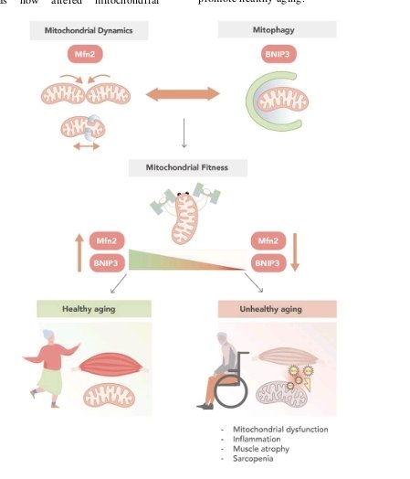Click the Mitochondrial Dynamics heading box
[89, 30]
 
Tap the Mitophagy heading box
[277, 29]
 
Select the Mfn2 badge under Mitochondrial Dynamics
[85, 54]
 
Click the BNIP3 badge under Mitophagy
[279, 54]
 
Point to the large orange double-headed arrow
[183, 94]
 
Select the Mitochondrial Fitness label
[187, 167]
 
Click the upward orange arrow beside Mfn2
[79, 252]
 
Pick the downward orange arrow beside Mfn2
[295, 252]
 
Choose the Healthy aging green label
[94, 309]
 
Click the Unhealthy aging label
[278, 309]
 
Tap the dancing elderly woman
[51, 367]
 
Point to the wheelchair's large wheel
[231, 391]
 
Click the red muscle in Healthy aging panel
[110, 364]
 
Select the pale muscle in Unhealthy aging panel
[289, 356]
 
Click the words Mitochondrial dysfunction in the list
[280, 430]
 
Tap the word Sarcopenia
[253, 459]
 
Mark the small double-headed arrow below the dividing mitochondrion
[87, 146]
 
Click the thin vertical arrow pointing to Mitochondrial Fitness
[184, 133]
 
